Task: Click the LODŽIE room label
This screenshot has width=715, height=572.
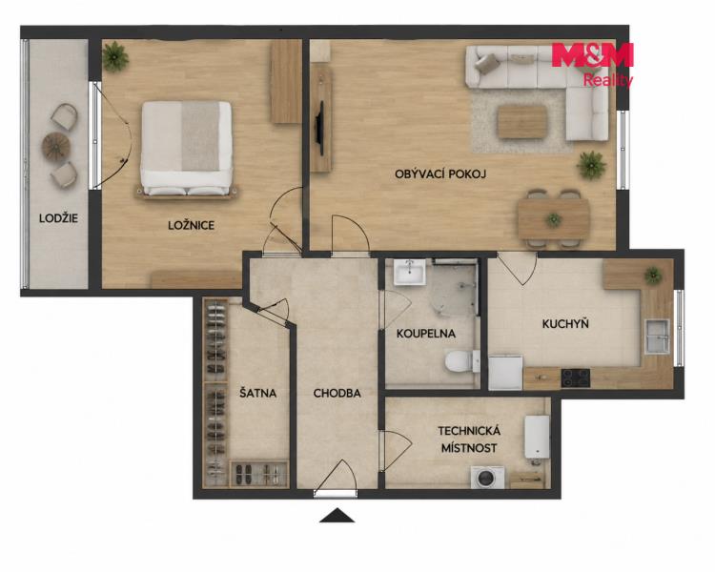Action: pos(58,218)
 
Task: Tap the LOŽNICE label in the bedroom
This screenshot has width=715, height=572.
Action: pos(191,225)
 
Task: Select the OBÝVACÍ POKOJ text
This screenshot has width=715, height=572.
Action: pos(440,174)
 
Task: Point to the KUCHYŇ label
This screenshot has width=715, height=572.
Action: pos(565,323)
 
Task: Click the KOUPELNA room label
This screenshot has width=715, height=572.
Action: pos(426,334)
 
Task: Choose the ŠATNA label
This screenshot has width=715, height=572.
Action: pos(258,392)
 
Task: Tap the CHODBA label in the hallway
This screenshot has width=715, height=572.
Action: pos(337,393)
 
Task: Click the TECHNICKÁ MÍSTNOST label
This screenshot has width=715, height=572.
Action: pos(469,439)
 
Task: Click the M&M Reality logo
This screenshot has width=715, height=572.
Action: pos(592,64)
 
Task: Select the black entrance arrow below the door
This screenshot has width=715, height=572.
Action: pos(337,516)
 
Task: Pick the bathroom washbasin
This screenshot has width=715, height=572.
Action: pos(410,272)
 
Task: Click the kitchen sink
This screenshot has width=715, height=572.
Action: pos(657,337)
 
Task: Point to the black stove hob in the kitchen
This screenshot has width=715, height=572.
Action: pos(576,378)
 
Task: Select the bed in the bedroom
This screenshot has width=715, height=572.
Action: pos(187,150)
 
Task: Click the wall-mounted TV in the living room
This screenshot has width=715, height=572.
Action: pos(320,128)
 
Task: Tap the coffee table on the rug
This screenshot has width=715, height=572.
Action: pos(522,121)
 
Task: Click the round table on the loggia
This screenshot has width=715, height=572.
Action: pos(56,146)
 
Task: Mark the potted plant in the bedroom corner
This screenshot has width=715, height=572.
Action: pos(115,56)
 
